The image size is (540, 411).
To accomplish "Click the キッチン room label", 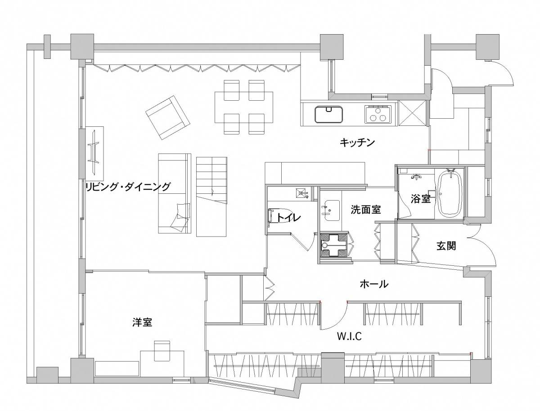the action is coord(357,143).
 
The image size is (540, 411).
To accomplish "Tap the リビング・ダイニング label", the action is coord(128,187).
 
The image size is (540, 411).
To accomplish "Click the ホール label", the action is coord(374,284).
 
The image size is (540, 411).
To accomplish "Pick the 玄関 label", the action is coord(446,246).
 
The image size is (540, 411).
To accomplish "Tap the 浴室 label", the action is coord(420,199).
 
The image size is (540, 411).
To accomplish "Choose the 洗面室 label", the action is coord(365,210).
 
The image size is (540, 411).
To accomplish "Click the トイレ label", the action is coord(288,217).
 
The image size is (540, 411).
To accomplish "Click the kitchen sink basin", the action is coord(329,114).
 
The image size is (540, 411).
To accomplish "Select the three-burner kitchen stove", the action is coord(378,114).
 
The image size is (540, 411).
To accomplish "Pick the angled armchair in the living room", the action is coord(168,117).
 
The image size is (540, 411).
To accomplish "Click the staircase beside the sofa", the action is coord(211,197).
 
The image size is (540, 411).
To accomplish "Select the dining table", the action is coord(244,107).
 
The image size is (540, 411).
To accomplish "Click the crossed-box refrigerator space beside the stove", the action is coord(412,113).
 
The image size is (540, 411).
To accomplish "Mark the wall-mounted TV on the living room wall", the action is coord(93,152).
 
